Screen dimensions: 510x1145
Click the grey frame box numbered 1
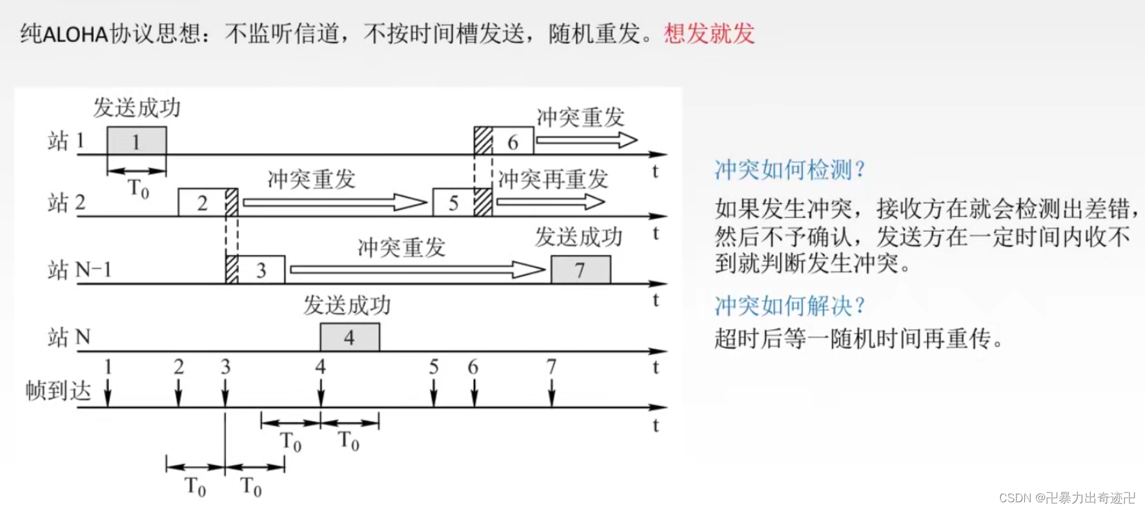[136, 141]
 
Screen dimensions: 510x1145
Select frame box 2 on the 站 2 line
[201, 203]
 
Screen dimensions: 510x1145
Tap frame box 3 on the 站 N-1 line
[261, 270]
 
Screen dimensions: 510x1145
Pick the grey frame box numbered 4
[349, 337]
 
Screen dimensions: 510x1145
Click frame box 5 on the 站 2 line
[453, 203]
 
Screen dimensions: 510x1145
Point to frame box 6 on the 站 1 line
[513, 141]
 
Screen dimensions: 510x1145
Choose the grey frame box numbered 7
[580, 270]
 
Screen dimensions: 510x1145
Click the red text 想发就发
[709, 33]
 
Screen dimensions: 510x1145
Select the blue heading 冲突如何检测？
[789, 170]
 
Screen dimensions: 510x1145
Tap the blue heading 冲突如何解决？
[789, 305]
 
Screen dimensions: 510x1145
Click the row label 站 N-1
[79, 270]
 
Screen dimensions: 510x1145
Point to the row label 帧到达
[58, 391]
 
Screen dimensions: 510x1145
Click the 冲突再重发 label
[552, 179]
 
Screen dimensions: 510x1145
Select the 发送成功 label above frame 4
[347, 305]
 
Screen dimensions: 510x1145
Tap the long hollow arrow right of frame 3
[417, 270]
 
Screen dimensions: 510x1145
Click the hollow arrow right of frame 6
[586, 139]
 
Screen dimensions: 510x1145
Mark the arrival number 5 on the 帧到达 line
[434, 367]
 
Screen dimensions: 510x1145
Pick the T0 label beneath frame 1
[138, 189]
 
